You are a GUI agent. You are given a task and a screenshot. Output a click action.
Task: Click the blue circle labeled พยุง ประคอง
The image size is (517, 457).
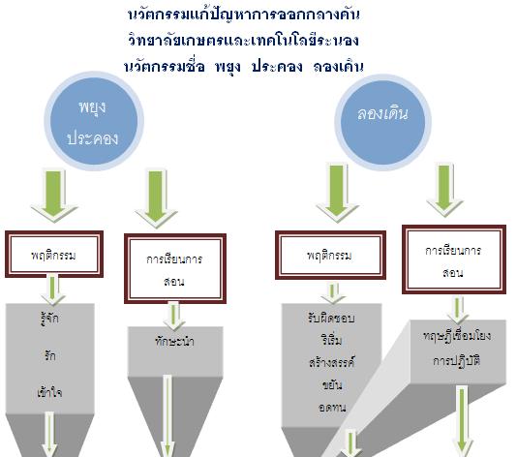pos(94,121)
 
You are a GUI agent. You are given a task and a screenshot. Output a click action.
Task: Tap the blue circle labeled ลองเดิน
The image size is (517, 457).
pos(382,122)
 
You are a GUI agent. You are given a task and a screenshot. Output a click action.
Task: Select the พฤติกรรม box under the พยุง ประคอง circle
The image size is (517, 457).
pos(54,255)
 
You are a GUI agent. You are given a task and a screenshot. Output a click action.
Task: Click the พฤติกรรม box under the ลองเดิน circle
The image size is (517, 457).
pos(330,256)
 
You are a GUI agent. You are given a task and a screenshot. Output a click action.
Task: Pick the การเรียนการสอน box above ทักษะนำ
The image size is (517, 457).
pos(175,269)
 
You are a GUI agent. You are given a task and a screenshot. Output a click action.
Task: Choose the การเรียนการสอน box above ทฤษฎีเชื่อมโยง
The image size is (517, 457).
pos(454,259)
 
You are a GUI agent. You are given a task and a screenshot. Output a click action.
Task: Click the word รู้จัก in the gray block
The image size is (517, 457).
pos(49,320)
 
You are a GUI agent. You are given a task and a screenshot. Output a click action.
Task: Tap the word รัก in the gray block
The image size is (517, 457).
pos(49,355)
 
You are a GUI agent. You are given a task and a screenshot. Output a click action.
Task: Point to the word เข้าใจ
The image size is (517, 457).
pos(49,392)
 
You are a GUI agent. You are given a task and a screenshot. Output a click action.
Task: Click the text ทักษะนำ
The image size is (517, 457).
pos(174,341)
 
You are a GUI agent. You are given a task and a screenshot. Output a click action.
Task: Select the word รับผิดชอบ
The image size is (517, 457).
pos(331,319)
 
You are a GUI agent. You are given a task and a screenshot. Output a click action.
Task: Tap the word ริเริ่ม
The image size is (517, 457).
pos(331,340)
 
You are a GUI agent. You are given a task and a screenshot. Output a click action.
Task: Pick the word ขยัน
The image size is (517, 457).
pos(332,384)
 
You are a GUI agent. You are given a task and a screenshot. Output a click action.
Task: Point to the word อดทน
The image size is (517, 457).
pos(332,408)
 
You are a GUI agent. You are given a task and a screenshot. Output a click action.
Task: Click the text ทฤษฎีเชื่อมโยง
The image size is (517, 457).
pos(457,336)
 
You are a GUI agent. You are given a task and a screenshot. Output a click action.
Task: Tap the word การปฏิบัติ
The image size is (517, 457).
pos(457,361)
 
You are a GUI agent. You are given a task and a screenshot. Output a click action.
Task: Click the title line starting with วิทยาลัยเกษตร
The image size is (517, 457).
pos(243,41)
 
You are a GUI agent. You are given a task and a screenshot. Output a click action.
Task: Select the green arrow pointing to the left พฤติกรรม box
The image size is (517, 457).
pos(54,196)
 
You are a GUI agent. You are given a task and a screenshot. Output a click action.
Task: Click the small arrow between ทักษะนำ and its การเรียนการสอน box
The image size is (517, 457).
pos(173,316)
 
